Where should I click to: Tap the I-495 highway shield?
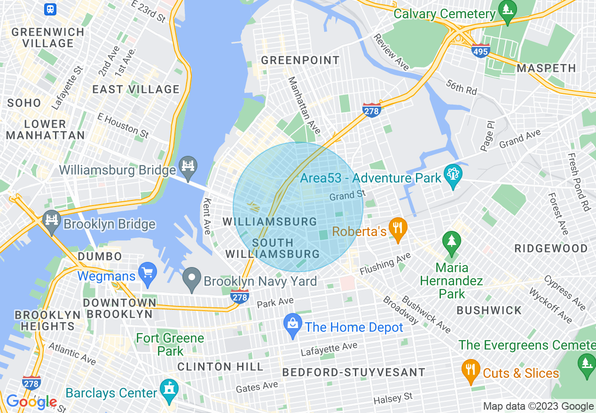(481, 50)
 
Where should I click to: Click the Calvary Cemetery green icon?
(507, 10)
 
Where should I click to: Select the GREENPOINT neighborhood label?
(300, 60)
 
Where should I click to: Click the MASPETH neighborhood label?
(546, 68)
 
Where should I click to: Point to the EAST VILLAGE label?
(136, 89)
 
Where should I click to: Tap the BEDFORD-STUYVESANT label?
(353, 373)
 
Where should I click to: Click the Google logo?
(31, 402)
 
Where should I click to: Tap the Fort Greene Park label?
(170, 344)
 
